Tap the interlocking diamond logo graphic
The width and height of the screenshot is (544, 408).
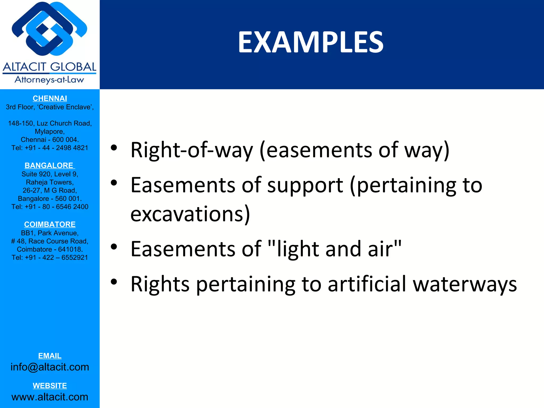[x=50, y=29]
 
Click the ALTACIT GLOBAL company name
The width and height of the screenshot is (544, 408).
[x=50, y=67]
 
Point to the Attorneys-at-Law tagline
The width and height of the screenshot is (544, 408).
[x=49, y=79]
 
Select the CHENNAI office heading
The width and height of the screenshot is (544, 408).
[x=50, y=98]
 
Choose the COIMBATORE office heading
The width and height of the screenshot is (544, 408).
[x=50, y=224]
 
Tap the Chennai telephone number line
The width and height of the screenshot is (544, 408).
[x=50, y=148]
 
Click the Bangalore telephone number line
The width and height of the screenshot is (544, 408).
[x=50, y=207]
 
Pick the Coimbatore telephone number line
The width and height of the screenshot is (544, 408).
[x=50, y=257]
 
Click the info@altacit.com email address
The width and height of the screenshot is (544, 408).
[x=50, y=367]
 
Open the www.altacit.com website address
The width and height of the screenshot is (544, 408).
[x=50, y=397]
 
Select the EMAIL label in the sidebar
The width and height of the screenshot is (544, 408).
[x=50, y=356]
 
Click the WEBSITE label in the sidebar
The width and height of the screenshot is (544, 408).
[x=50, y=385]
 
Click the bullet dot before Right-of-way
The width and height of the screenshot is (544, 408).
[x=114, y=148]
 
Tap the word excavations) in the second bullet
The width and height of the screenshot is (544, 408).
[x=190, y=214]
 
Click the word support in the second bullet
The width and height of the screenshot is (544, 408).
[x=305, y=185]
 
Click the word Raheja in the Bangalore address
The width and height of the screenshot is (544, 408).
[x=36, y=182]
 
